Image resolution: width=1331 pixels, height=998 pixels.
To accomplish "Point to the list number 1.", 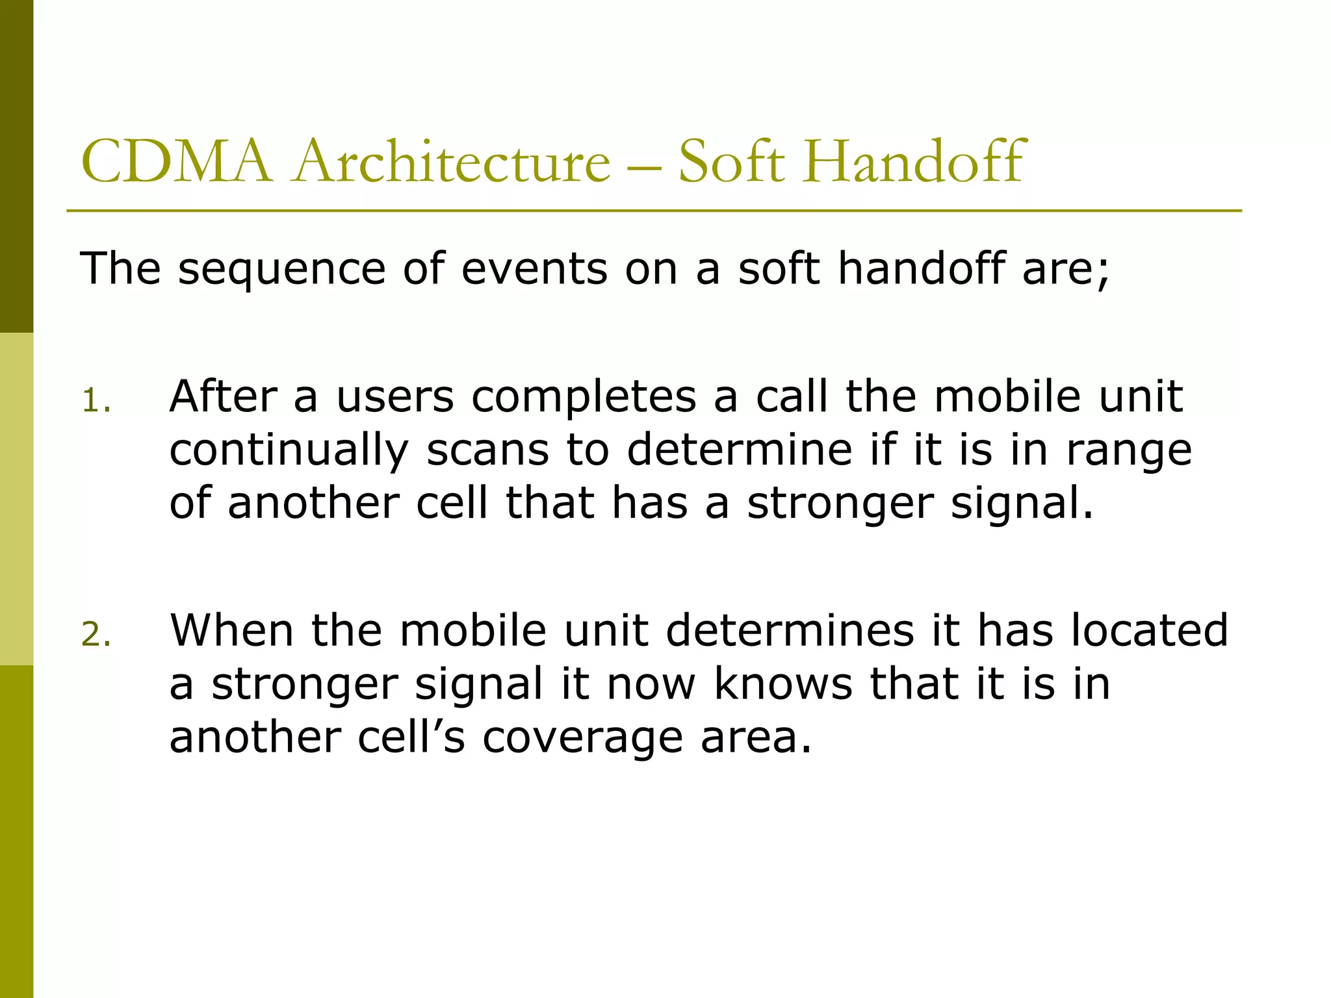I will (96, 401).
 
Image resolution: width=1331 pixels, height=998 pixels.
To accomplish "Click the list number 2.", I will (96, 635).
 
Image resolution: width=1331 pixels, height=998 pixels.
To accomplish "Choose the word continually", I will (289, 451).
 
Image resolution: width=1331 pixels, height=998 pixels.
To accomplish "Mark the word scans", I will (487, 450).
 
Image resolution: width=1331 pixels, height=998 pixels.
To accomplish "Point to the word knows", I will (782, 684).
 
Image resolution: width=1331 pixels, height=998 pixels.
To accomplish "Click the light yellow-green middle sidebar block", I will (16, 499).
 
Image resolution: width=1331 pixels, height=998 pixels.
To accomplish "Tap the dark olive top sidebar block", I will (16, 166).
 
